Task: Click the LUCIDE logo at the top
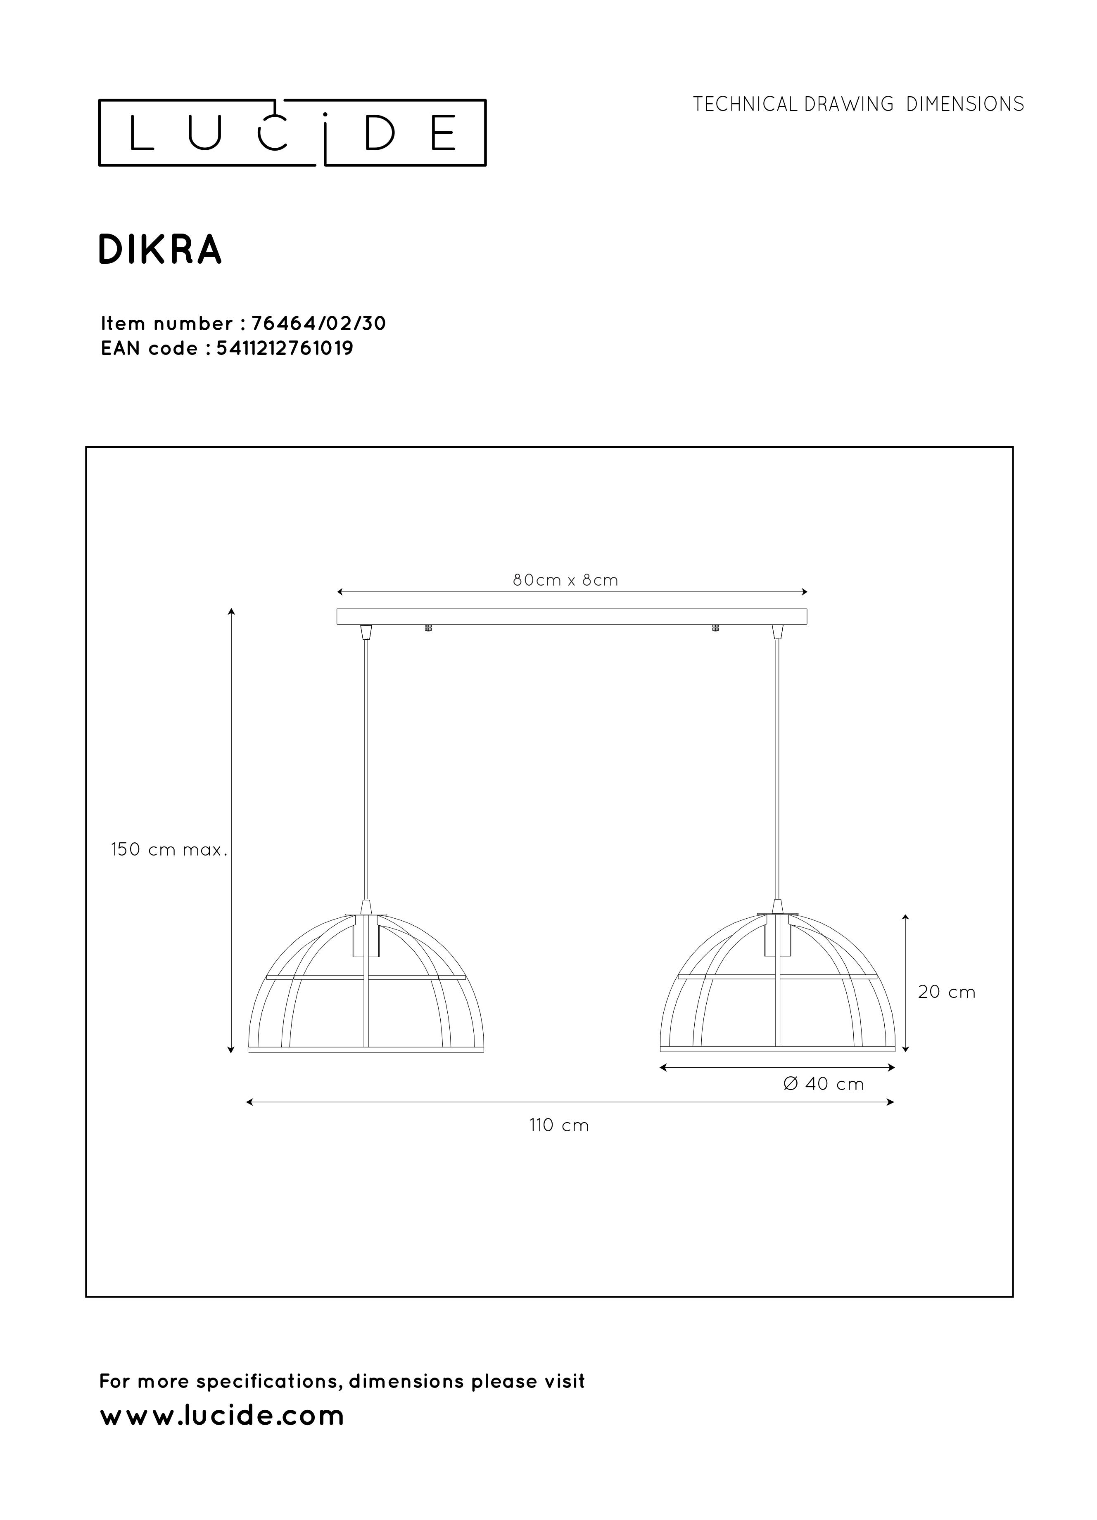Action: (292, 133)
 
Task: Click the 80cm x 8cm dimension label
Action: (565, 580)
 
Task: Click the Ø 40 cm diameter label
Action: (824, 1084)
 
